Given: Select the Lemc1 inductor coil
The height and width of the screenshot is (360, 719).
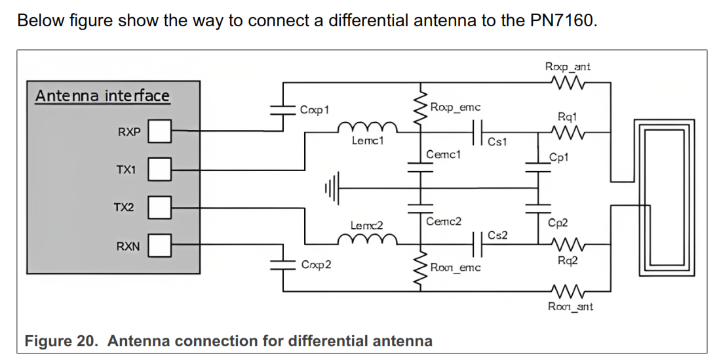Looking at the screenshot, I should [374, 127].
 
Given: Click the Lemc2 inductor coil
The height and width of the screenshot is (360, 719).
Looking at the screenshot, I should [374, 241].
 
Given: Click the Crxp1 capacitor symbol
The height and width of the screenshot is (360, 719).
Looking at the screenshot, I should [283, 111].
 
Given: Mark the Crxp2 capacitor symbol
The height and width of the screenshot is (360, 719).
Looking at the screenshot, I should [283, 263].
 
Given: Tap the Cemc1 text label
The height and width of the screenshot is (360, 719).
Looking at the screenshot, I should [444, 155].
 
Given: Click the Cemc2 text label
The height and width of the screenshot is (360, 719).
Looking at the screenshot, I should [444, 221].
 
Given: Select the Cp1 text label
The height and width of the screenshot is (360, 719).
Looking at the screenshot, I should [559, 157].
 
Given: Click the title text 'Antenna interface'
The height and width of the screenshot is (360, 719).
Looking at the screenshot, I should [102, 96].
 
